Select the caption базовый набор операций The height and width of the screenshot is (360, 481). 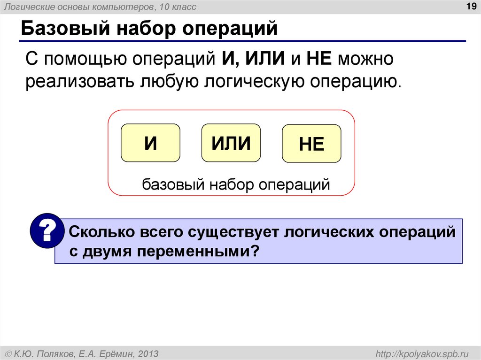tap(236, 184)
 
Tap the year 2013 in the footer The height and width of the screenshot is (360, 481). tap(148, 353)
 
